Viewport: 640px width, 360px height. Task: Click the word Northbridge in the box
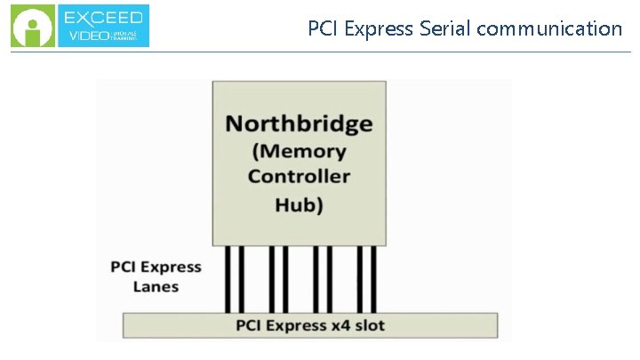(x=299, y=123)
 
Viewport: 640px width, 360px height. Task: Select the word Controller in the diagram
(x=299, y=176)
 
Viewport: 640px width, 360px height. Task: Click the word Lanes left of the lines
(x=156, y=286)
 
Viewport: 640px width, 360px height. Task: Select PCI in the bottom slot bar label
(x=250, y=325)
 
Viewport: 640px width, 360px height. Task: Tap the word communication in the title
(x=549, y=28)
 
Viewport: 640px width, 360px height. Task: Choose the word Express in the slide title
(x=376, y=28)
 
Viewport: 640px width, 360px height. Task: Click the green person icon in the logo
(x=32, y=27)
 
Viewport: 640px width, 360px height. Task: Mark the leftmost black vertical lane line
(x=228, y=278)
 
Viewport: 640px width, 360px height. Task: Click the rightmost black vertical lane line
(x=373, y=278)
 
